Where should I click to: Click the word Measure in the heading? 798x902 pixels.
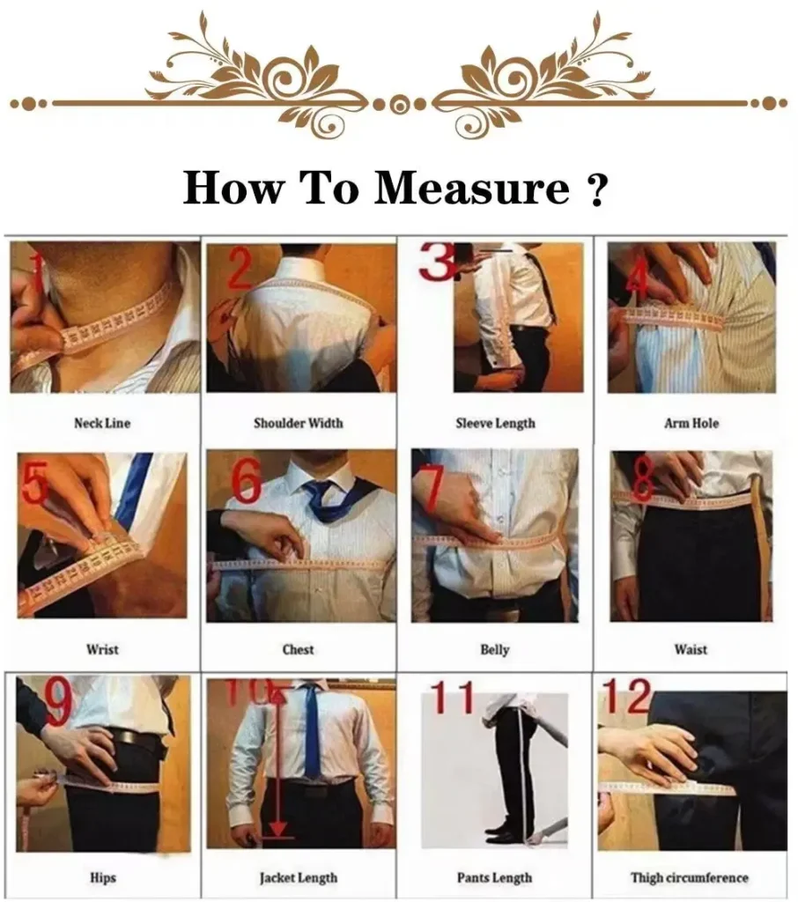472,188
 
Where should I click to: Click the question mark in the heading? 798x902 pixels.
596,188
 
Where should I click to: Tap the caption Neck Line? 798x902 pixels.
101,424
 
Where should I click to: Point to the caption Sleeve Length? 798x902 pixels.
495,424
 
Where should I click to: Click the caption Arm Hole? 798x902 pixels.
691,424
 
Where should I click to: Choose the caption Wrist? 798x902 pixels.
102,650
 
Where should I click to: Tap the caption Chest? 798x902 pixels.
298,650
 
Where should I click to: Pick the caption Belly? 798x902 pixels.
495,650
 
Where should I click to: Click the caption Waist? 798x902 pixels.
691,650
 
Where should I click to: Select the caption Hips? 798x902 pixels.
102,877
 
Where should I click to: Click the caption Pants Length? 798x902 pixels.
495,877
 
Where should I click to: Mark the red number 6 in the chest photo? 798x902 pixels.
247,481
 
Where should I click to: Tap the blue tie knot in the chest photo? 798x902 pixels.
319,488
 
